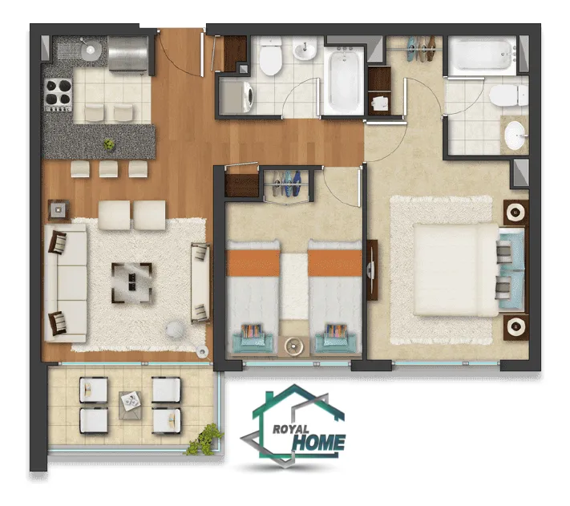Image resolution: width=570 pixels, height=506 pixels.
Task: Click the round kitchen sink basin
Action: click(x=90, y=50)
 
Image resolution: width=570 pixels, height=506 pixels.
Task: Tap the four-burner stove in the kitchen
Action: click(x=59, y=95)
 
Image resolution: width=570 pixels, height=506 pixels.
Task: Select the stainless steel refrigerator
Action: click(x=128, y=55)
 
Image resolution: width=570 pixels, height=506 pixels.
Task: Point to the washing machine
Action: click(x=237, y=97)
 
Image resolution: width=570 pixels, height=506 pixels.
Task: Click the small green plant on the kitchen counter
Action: click(x=109, y=144)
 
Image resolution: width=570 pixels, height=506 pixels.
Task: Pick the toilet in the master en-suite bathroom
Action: click(x=508, y=95)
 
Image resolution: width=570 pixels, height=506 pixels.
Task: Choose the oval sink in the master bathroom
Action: click(x=515, y=136)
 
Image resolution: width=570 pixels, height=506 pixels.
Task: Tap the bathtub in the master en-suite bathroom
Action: click(x=483, y=55)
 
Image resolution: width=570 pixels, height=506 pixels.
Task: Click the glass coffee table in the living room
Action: click(x=131, y=283)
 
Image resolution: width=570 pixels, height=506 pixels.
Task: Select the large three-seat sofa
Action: click(x=66, y=283)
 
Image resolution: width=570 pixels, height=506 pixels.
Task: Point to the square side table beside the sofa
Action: click(x=59, y=210)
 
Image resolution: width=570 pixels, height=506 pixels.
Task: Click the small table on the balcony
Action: click(x=130, y=405)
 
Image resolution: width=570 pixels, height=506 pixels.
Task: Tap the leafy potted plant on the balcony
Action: click(x=205, y=439)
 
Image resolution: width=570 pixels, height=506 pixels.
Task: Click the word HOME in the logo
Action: click(x=319, y=443)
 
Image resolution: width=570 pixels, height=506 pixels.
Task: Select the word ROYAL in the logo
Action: click(x=291, y=429)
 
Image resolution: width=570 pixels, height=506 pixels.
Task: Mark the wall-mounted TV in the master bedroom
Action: click(x=372, y=270)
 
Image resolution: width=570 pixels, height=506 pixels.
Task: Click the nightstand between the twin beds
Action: click(x=293, y=346)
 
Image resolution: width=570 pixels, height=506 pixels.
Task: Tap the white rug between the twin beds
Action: click(x=294, y=286)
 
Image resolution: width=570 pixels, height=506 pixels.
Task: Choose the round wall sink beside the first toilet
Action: click(x=305, y=50)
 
